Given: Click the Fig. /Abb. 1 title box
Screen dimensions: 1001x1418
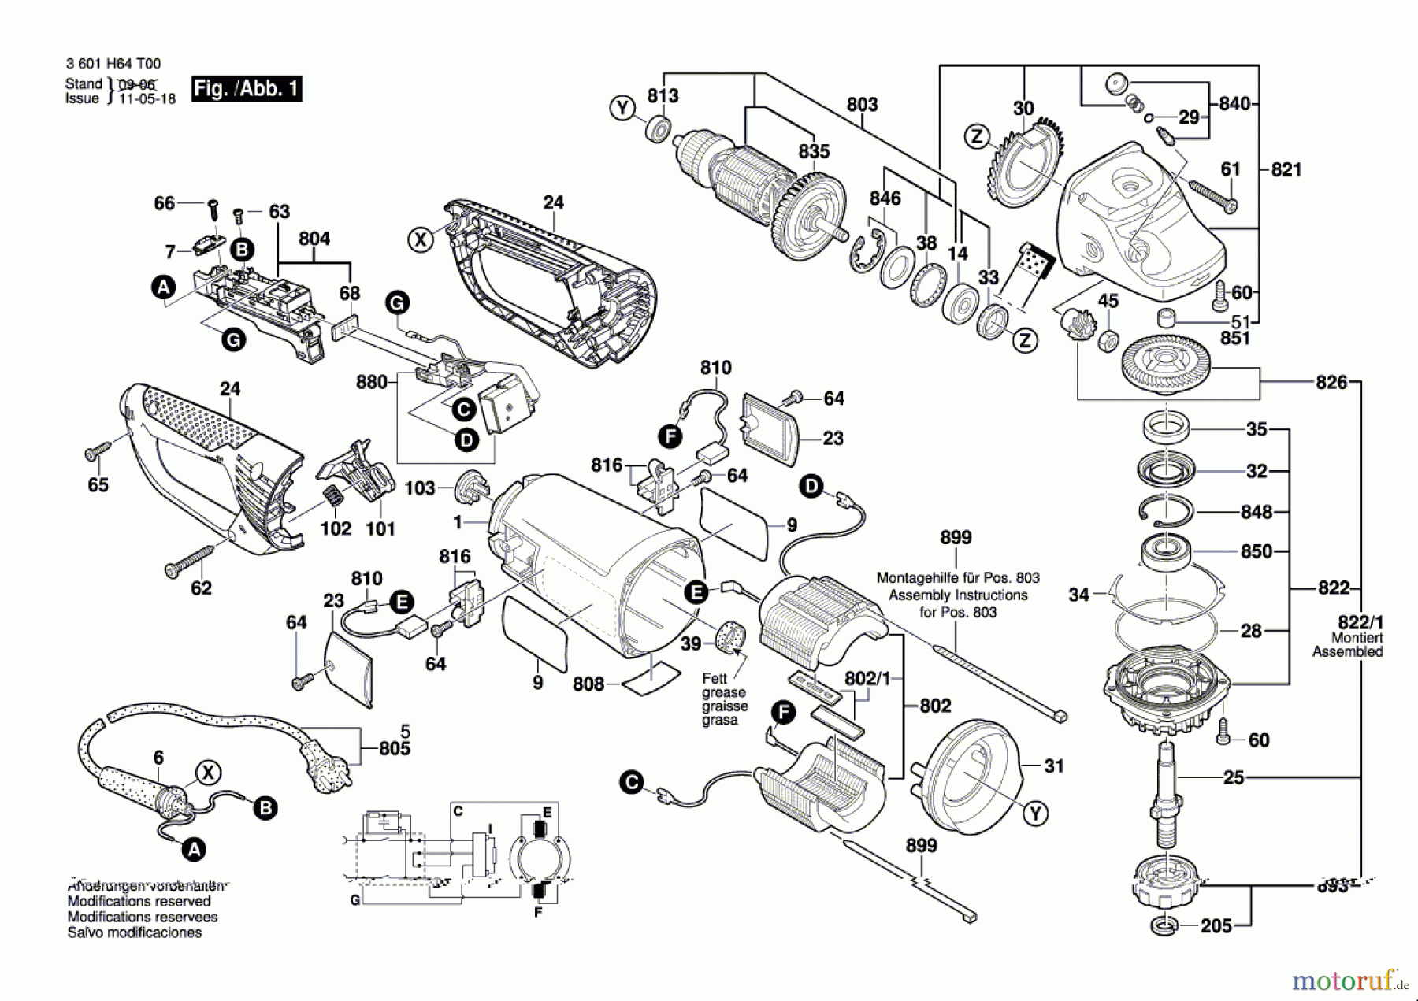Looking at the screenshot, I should click(247, 88).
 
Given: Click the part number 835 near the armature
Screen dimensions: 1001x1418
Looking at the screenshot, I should click(814, 151).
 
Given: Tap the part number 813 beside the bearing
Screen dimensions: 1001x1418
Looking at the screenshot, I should click(663, 95).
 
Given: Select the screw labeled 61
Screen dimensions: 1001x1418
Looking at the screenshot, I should click(1212, 196).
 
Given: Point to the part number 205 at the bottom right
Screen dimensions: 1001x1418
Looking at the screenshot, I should click(1216, 926).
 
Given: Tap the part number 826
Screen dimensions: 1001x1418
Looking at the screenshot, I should click(1331, 383).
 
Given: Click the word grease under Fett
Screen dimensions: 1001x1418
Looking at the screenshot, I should click(723, 692).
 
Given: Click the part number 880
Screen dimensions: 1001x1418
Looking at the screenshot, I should click(371, 382).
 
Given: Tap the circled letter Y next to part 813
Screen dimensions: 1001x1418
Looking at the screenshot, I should click(622, 108).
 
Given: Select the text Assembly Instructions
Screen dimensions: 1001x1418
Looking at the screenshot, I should click(958, 595).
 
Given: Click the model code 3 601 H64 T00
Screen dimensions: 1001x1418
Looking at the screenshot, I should click(113, 64).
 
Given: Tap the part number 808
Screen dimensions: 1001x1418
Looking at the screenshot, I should click(588, 684).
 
